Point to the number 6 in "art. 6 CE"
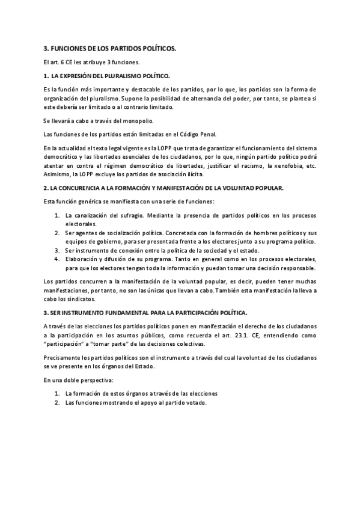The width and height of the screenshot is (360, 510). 62,63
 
